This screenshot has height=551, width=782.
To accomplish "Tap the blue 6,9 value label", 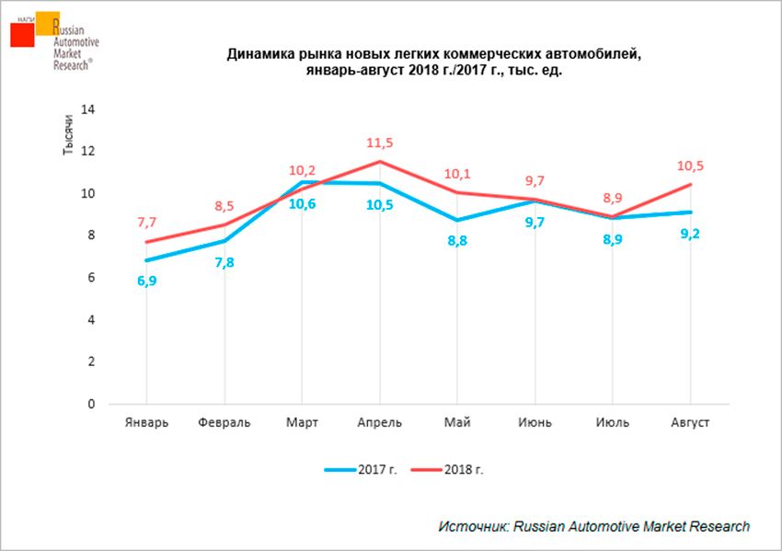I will click(x=146, y=280).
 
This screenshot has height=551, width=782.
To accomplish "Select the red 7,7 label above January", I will click(x=146, y=223).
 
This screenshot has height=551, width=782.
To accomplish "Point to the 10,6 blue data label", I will click(x=303, y=204).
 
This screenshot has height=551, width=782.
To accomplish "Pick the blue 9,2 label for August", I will click(x=689, y=233).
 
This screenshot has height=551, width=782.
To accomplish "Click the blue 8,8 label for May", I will click(x=457, y=242).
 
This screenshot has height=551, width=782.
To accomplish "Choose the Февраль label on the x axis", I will click(x=224, y=422).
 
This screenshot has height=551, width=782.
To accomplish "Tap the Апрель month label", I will click(x=379, y=422).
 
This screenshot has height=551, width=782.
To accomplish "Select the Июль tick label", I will click(x=612, y=422).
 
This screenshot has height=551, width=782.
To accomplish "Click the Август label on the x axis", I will click(x=689, y=422).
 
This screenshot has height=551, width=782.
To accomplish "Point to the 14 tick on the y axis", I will click(x=89, y=109).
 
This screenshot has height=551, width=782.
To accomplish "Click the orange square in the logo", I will click(x=48, y=23).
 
